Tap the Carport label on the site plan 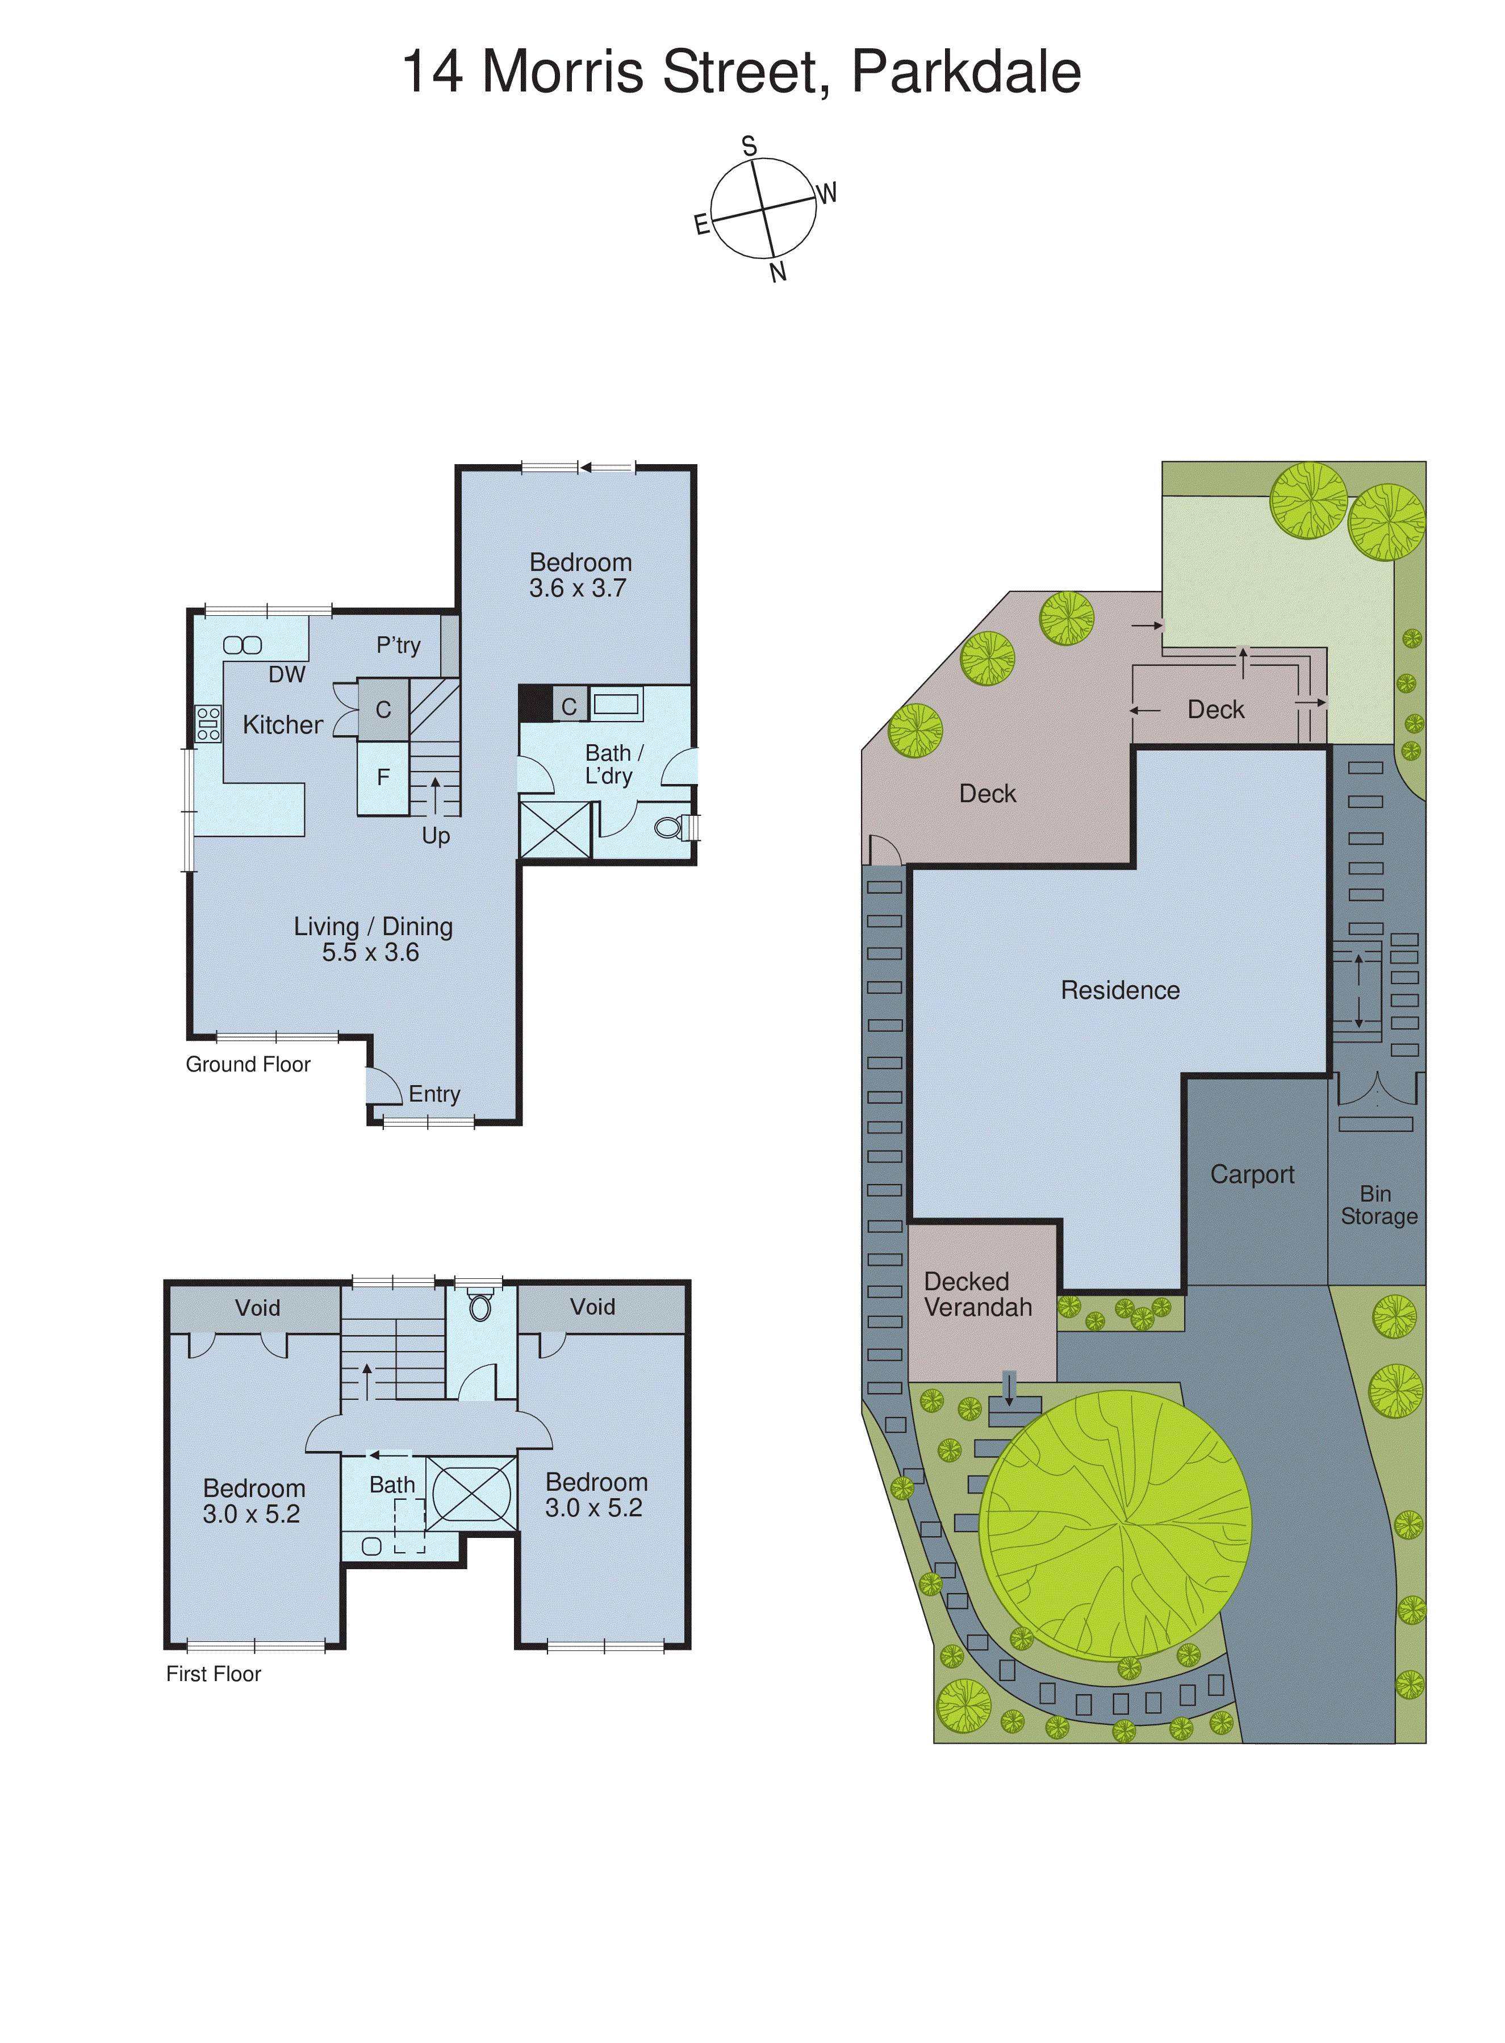point(1252,1174)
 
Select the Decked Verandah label point(977,1294)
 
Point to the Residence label point(1119,990)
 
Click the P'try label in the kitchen point(398,645)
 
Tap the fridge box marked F point(383,777)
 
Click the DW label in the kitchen point(286,674)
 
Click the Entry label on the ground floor point(434,1094)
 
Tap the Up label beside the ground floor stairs point(436,836)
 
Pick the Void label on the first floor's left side point(257,1308)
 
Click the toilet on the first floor point(480,1307)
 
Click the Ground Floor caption point(248,1064)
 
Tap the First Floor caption point(213,1674)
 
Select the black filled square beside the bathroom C point(535,703)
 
